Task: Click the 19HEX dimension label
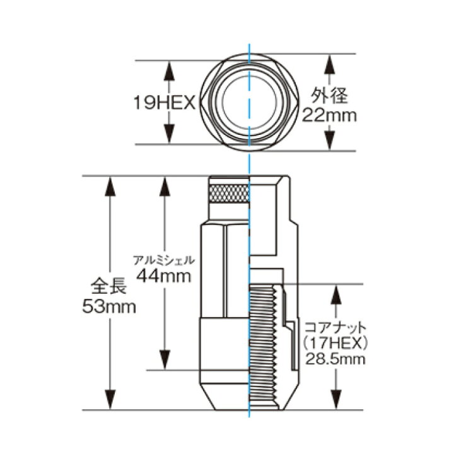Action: point(165,103)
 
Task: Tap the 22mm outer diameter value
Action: point(329,115)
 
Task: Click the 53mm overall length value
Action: point(109,306)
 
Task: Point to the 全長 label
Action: point(109,286)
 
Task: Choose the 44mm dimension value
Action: point(164,276)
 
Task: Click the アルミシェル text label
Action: point(163,260)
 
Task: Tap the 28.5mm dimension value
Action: point(335,359)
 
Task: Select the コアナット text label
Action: point(335,329)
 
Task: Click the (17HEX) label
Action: point(335,344)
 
